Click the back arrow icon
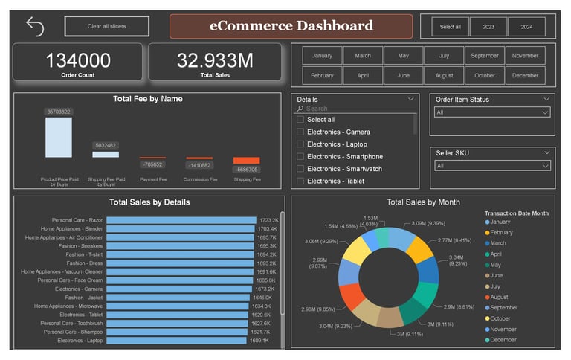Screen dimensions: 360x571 click(x=35, y=27)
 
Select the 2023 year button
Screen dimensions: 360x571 click(x=488, y=27)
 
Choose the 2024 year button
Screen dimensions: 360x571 click(x=526, y=27)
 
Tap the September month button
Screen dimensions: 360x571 click(x=485, y=56)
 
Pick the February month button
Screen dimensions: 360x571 click(x=322, y=75)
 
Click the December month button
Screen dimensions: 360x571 click(x=525, y=75)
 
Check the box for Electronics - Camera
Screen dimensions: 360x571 click(x=300, y=132)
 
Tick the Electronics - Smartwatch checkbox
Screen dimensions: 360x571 click(x=300, y=169)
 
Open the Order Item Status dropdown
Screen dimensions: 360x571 click(x=492, y=112)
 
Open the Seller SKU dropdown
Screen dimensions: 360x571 click(x=492, y=166)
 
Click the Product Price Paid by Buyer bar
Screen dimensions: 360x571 click(x=58, y=137)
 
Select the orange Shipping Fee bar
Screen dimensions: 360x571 click(x=246, y=161)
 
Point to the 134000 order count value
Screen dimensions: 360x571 click(x=78, y=60)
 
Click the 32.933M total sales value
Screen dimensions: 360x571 click(x=215, y=60)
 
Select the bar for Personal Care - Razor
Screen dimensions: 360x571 click(x=181, y=220)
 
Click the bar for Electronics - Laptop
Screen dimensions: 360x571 click(x=176, y=341)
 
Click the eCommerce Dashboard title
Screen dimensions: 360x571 click(x=291, y=26)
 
